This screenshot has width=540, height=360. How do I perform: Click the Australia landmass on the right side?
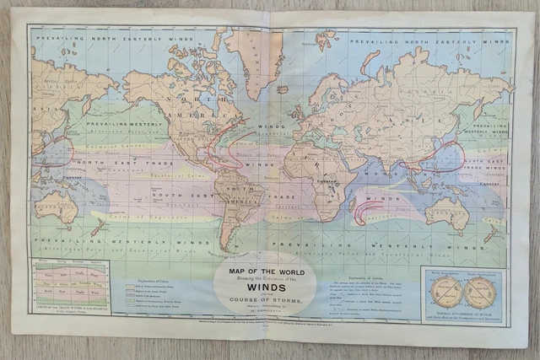coord(446,213)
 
